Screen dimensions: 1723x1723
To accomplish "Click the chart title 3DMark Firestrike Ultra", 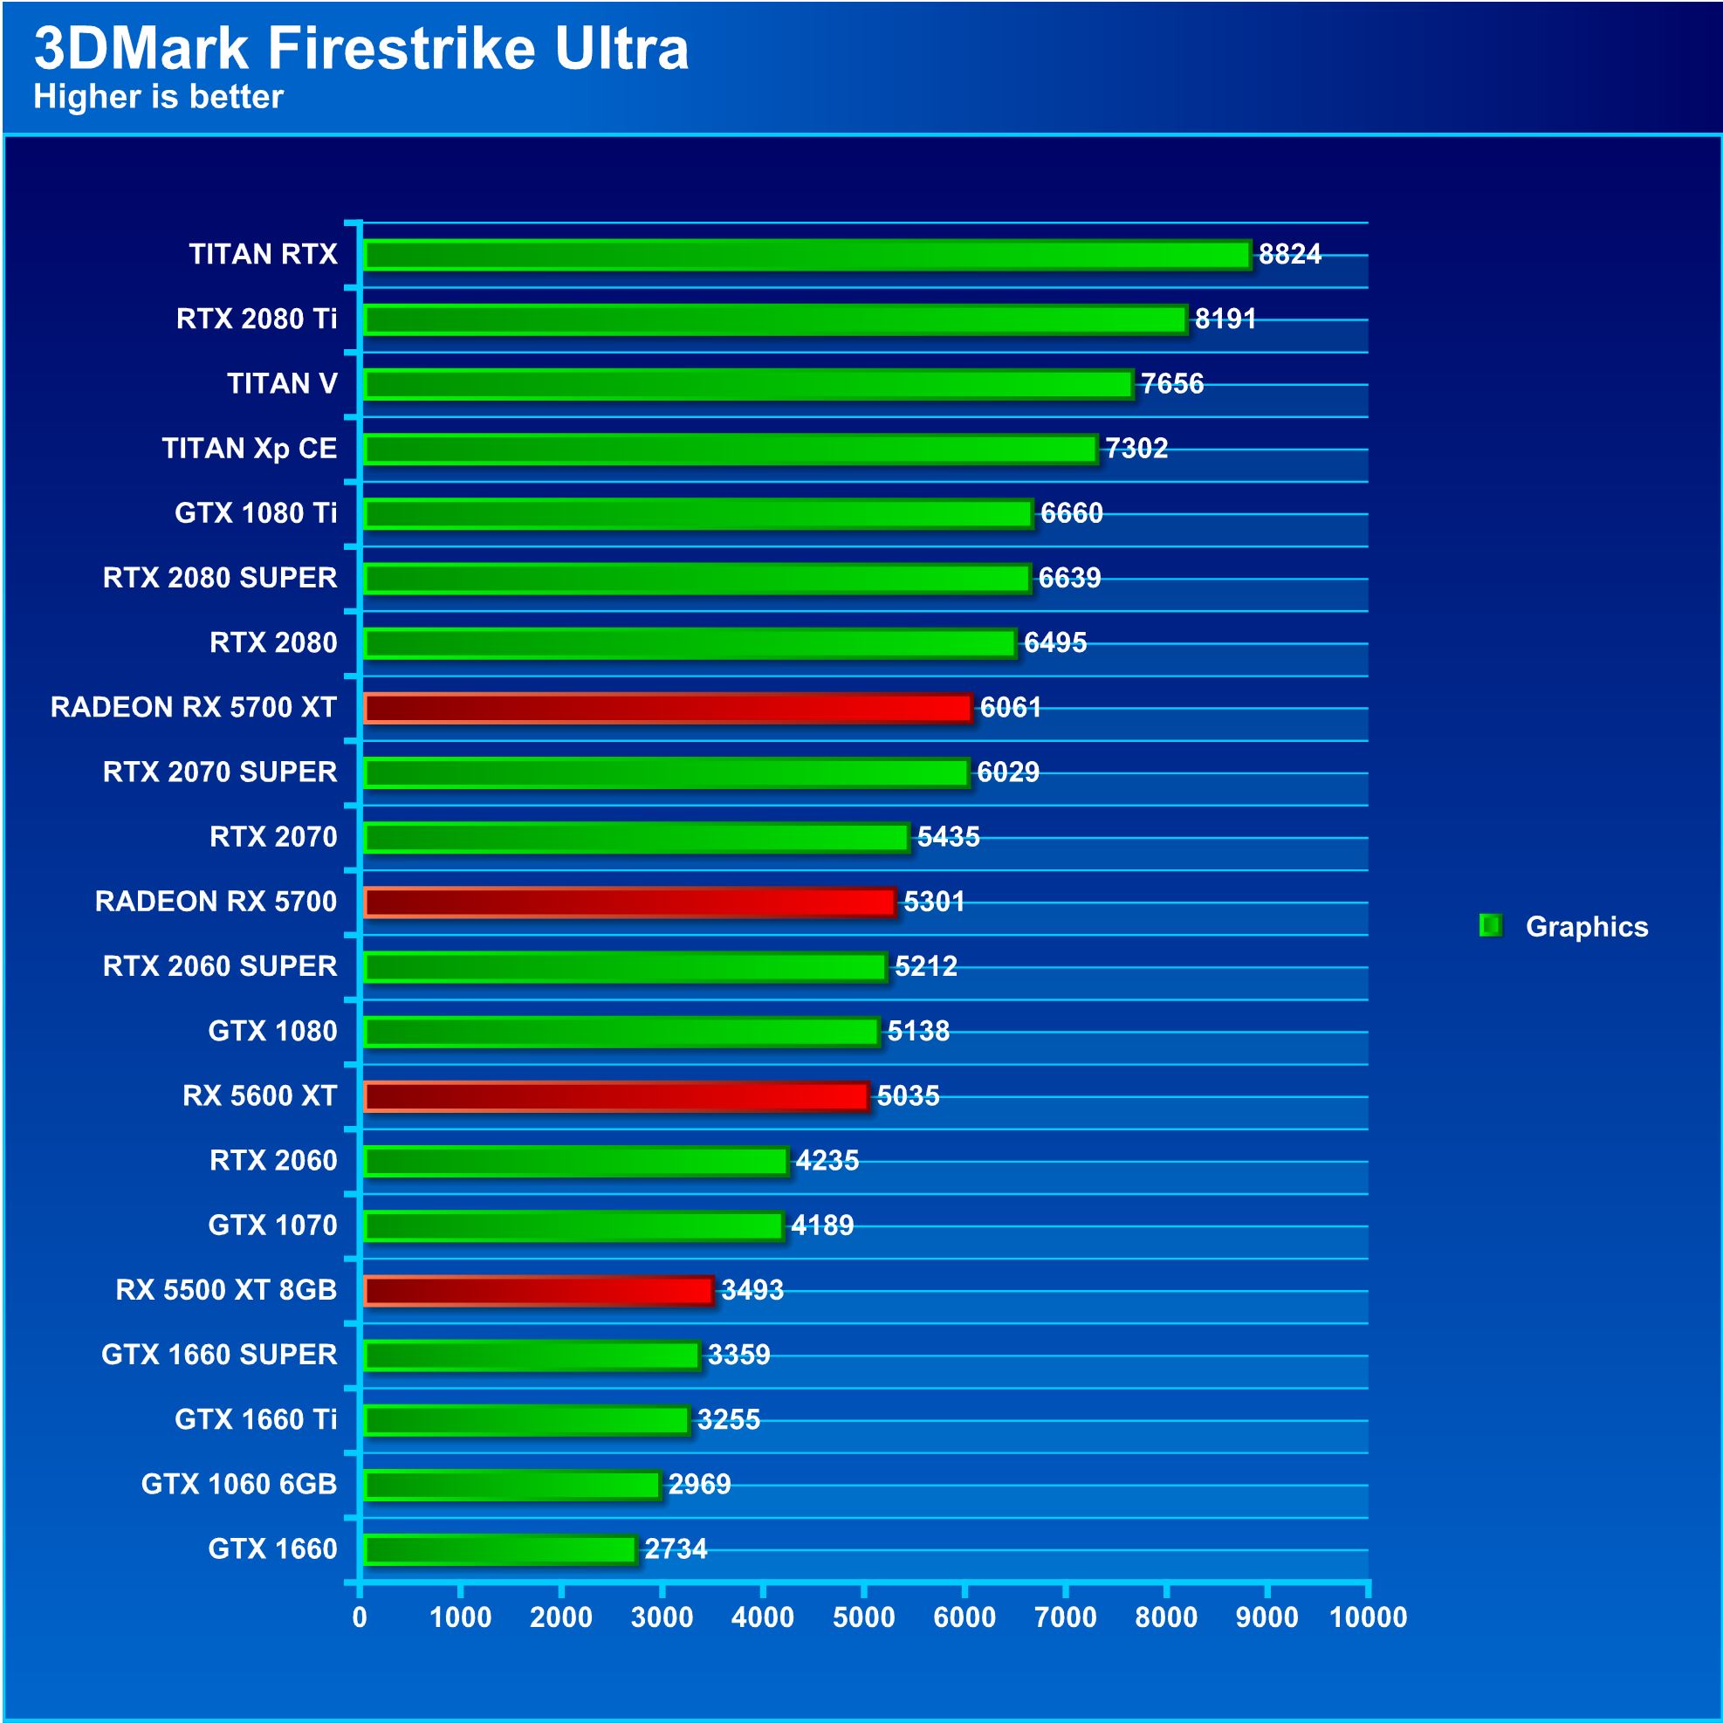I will pyautogui.click(x=361, y=48).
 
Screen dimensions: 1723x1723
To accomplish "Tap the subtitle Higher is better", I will pyautogui.click(x=158, y=96).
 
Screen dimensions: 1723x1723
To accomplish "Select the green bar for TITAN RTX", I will pyautogui.click(x=807, y=255).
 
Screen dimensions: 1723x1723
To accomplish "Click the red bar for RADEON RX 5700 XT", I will pyautogui.click(x=668, y=708).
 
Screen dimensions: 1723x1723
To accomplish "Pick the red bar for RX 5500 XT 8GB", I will pyautogui.click(x=539, y=1290).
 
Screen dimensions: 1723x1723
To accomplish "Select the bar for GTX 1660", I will pyautogui.click(x=500, y=1549).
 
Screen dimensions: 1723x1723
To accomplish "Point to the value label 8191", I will pyautogui.click(x=1225, y=319).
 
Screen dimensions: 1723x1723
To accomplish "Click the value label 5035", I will pyautogui.click(x=908, y=1096).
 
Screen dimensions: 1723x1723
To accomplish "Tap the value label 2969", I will pyautogui.click(x=699, y=1484).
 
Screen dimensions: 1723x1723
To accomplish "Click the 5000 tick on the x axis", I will pyautogui.click(x=863, y=1617).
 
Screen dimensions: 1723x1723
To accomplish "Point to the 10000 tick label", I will pyautogui.click(x=1367, y=1617).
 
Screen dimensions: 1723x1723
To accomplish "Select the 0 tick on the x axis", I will pyautogui.click(x=360, y=1617).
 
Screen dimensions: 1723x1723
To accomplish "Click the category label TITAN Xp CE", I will pyautogui.click(x=250, y=448).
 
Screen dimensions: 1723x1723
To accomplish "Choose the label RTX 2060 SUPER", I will pyautogui.click(x=219, y=966).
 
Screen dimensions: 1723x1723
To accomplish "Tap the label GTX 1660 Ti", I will pyautogui.click(x=256, y=1419).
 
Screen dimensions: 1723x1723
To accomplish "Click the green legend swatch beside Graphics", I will pyautogui.click(x=1489, y=926).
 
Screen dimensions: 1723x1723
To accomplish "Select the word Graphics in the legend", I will pyautogui.click(x=1587, y=927).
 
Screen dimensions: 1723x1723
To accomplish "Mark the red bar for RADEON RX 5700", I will pyautogui.click(x=629, y=903).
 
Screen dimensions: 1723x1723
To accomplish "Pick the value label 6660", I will pyautogui.click(x=1071, y=514).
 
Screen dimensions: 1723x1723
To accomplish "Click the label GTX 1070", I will pyautogui.click(x=273, y=1225).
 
